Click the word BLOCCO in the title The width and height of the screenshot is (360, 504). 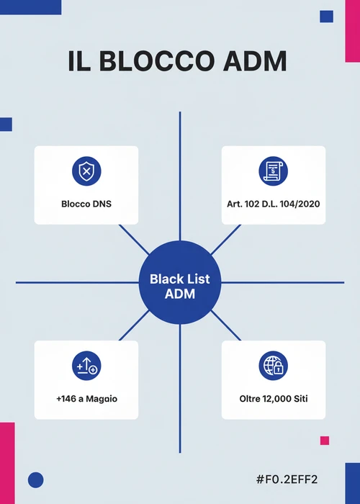tap(156, 61)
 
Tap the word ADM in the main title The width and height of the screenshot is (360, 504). tap(255, 61)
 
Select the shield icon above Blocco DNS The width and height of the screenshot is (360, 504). tap(86, 171)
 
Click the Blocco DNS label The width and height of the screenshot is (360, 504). tap(86, 204)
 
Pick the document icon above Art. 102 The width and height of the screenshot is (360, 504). tap(273, 171)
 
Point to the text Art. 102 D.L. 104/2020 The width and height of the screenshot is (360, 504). tap(273, 204)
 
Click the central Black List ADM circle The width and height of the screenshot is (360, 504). tap(180, 282)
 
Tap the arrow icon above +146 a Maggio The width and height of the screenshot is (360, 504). tap(86, 366)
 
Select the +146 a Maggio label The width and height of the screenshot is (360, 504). tap(87, 399)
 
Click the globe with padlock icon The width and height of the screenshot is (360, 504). tap(273, 366)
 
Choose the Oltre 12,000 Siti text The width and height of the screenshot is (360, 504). tap(274, 399)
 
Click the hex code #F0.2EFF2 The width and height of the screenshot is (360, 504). tap(287, 480)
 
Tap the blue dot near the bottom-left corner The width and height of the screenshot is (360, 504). tap(36, 480)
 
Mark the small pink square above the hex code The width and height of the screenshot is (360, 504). tap(325, 441)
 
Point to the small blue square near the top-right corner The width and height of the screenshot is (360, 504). tap(327, 17)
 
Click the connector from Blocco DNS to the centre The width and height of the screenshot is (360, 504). tap(134, 240)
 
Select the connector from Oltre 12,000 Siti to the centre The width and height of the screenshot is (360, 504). tap(225, 325)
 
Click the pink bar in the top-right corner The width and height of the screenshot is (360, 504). tap(353, 31)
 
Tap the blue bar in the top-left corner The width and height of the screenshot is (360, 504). tap(30, 7)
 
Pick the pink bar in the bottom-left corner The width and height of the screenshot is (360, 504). tap(7, 463)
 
